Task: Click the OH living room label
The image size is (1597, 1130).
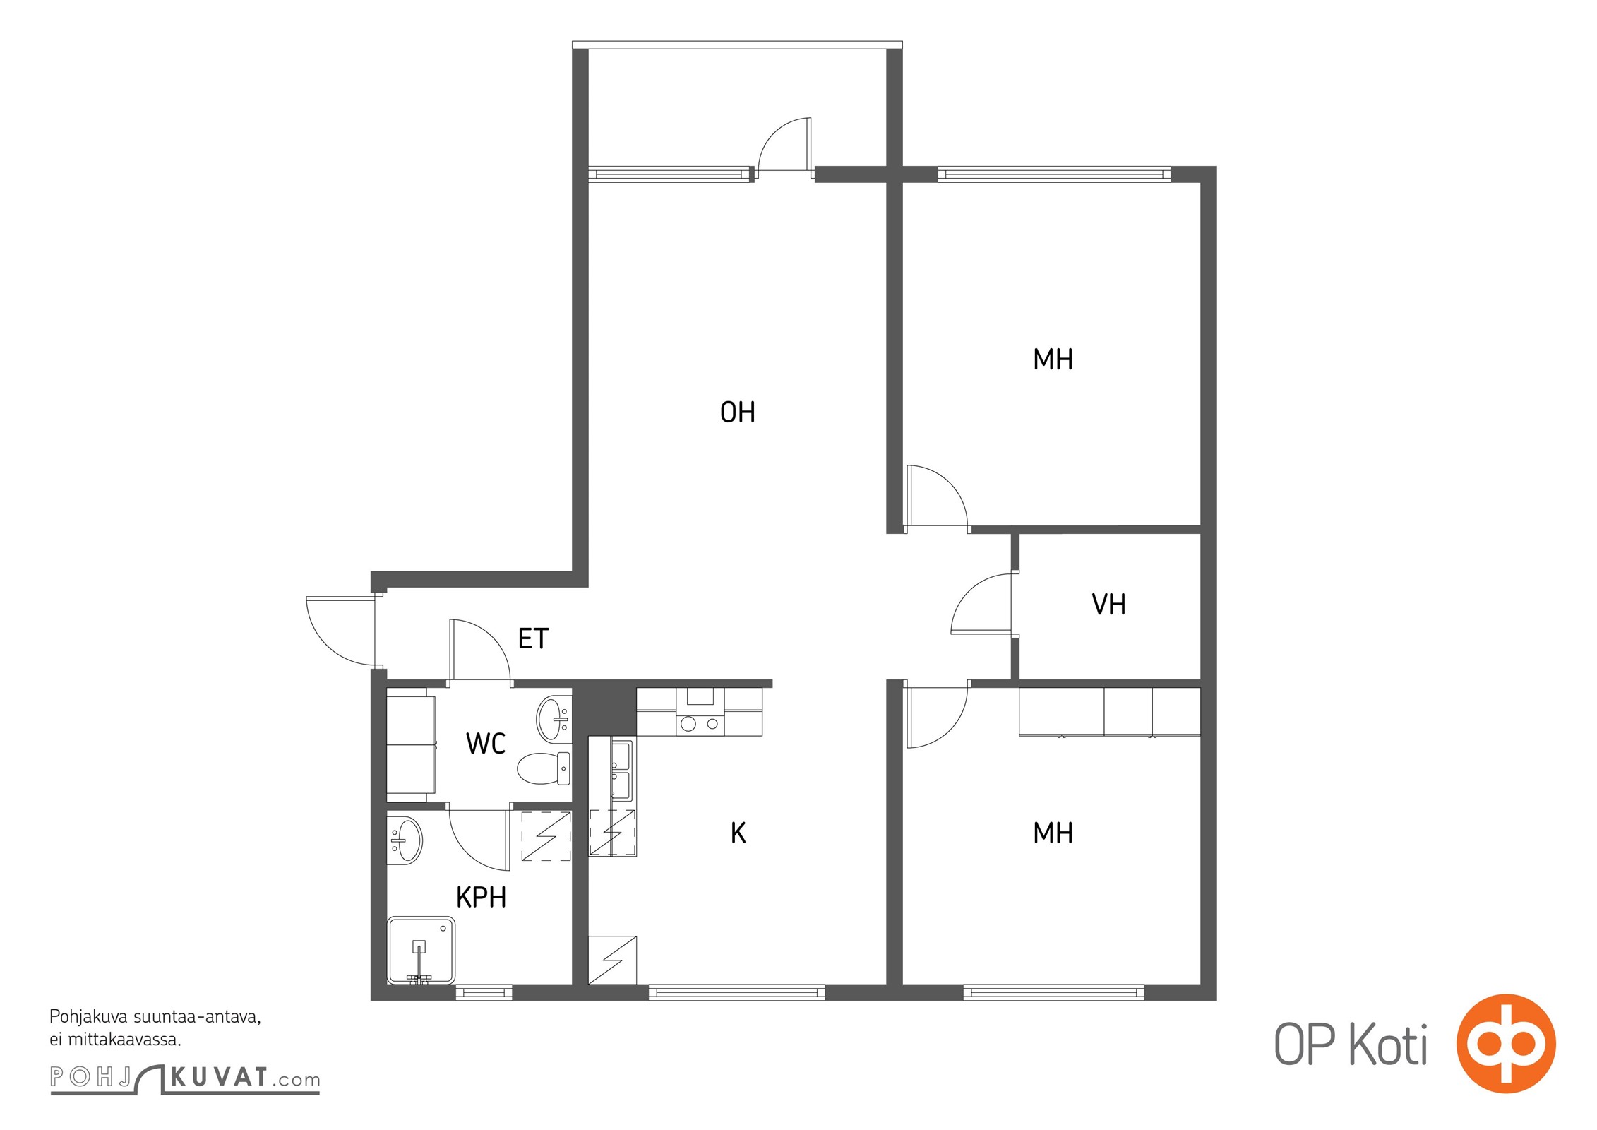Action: pos(737,412)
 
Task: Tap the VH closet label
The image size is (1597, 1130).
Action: pos(1108,604)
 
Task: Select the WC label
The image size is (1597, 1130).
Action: pos(486,744)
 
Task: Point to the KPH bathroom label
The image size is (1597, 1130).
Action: pos(481,897)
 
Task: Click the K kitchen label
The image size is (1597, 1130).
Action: pos(738,833)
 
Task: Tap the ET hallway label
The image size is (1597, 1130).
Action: pos(533,638)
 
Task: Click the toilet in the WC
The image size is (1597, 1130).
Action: pos(544,768)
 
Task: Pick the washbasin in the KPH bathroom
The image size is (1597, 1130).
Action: pos(405,840)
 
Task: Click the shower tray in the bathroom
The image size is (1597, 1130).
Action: pos(421,950)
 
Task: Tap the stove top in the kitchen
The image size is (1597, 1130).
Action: pos(700,724)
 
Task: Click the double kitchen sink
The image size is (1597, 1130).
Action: pos(621,770)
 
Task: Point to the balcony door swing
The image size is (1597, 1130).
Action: pos(784,143)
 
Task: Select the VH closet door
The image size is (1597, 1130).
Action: pos(981,604)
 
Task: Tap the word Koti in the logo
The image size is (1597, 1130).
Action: pos(1388,1045)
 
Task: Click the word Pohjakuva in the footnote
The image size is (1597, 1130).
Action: pos(88,1017)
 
